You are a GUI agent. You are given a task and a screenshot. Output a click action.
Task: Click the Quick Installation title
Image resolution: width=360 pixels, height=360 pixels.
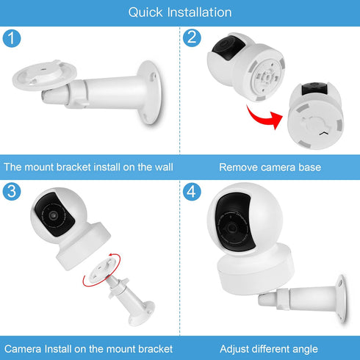coord(180,12)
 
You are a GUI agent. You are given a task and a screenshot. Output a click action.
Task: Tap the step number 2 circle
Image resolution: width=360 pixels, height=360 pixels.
coord(192,38)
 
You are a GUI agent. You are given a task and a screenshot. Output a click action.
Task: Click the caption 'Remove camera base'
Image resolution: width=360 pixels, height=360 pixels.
coord(270,168)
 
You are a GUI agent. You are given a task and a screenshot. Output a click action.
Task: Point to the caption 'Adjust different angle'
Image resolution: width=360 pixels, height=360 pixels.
coord(270,348)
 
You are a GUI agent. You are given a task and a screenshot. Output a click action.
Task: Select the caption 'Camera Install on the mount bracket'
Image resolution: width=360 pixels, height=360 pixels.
coord(88,348)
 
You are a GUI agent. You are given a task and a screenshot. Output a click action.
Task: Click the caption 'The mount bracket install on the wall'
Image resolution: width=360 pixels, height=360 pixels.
coord(88,168)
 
